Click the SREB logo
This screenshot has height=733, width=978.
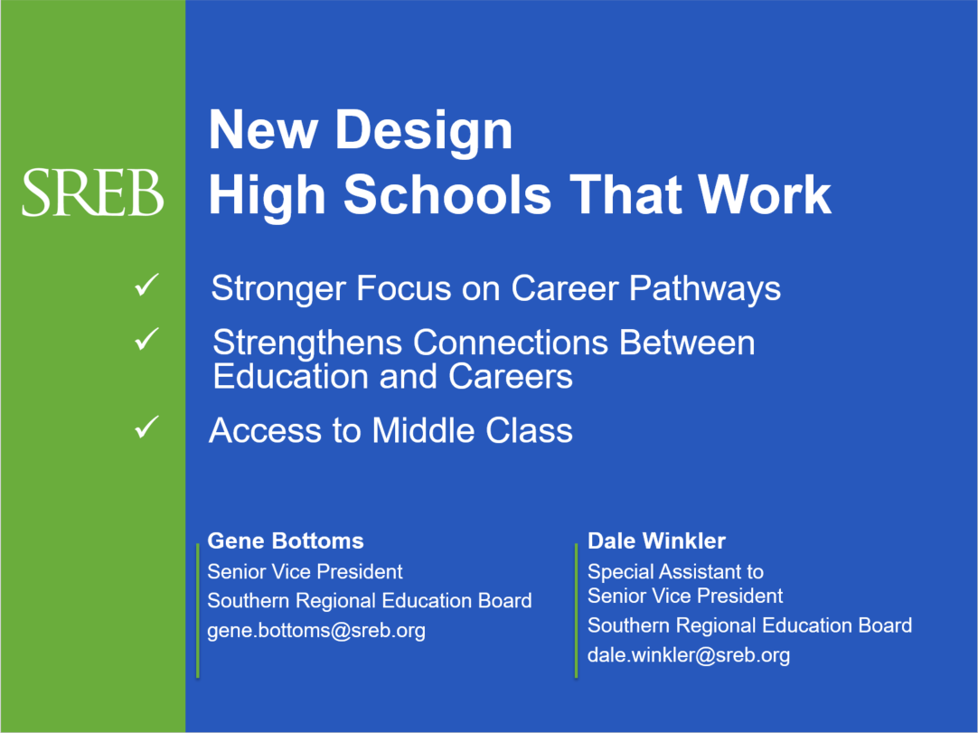[93, 193]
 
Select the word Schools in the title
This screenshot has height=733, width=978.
[447, 194]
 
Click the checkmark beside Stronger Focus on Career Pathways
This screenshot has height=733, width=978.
[146, 285]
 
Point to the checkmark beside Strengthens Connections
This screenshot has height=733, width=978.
[146, 339]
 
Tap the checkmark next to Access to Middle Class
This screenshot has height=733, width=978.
[146, 427]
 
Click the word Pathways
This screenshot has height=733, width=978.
[705, 290]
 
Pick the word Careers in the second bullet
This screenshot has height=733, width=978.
[510, 377]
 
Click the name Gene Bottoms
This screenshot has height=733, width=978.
[286, 540]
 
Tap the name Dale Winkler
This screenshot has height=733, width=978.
[657, 540]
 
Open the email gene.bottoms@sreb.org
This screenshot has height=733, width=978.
[316, 631]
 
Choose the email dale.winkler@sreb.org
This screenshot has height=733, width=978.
[689, 655]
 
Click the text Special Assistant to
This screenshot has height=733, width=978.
[675, 572]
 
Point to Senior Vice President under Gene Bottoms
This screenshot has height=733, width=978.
[305, 571]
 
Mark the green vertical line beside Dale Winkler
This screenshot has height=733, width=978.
[577, 610]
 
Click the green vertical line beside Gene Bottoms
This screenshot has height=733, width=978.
[198, 610]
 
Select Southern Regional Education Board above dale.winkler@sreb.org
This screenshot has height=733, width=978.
[749, 625]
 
